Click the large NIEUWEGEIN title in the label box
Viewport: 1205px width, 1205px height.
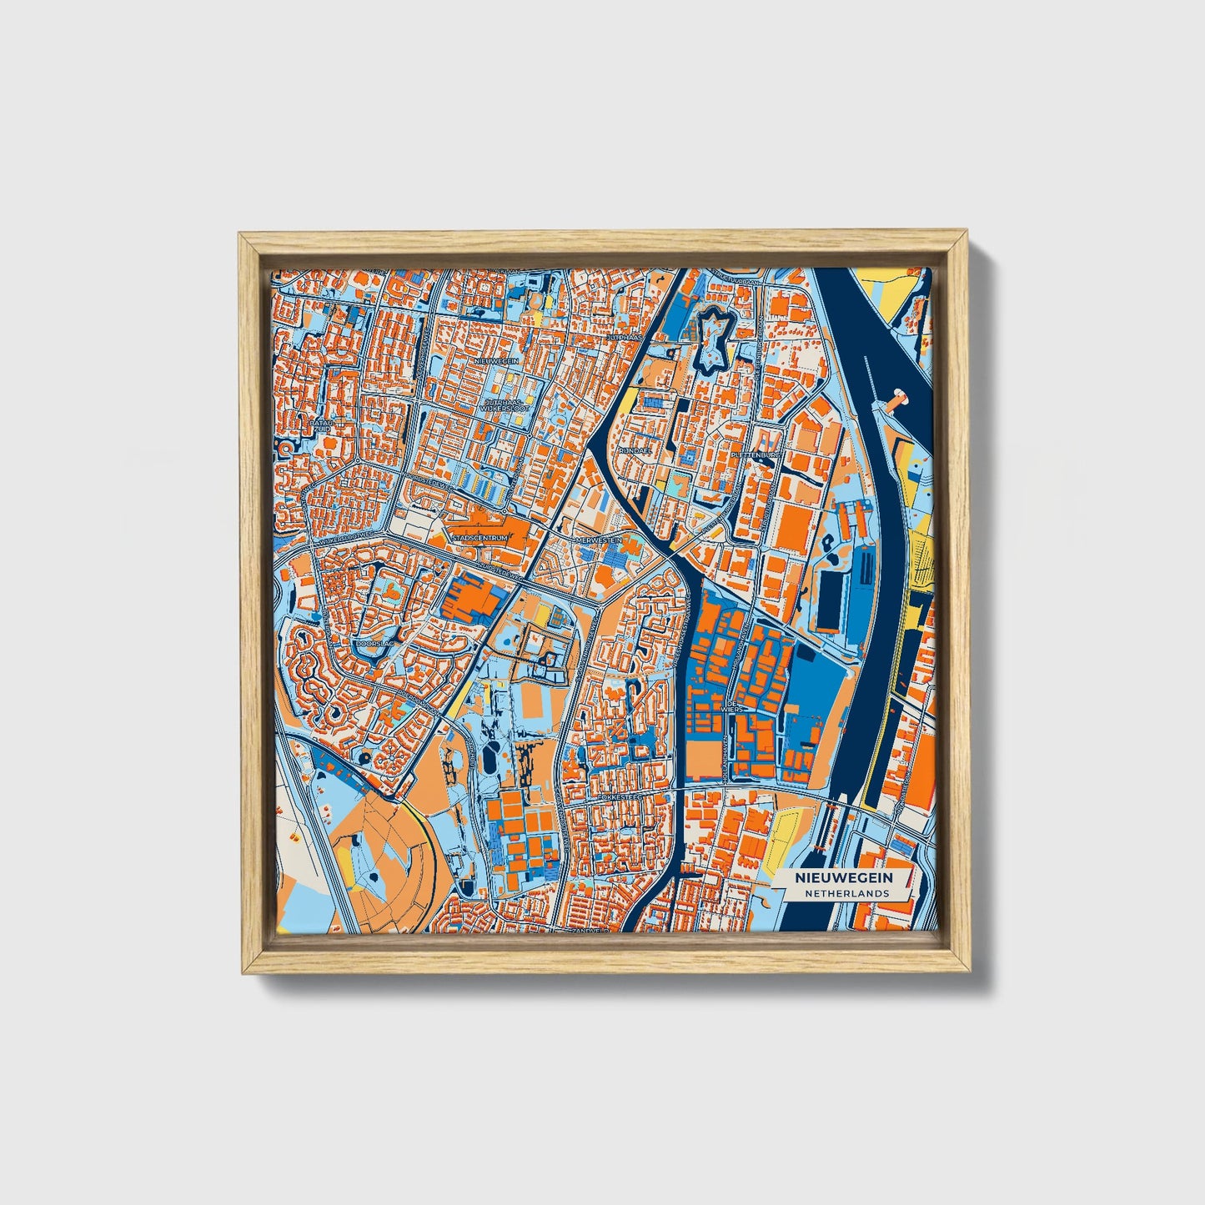coord(843,878)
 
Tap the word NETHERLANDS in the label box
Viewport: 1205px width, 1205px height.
coord(847,893)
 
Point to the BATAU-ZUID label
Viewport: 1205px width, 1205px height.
coord(321,426)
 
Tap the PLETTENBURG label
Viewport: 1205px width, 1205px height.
coord(754,455)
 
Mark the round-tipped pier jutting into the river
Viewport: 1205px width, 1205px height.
coord(899,398)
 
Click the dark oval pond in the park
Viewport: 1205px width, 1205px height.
coord(490,761)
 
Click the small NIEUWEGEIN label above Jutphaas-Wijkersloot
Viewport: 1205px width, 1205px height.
coord(498,361)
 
